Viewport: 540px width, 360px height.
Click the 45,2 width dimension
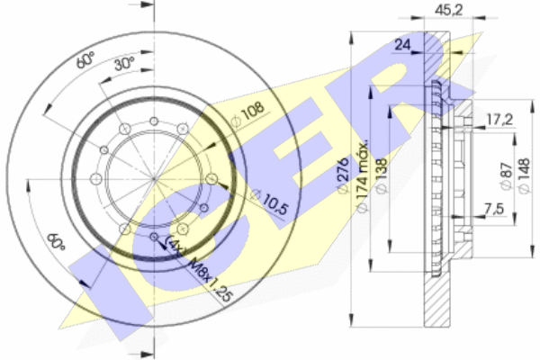449,10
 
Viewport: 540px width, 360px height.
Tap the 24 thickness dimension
402,45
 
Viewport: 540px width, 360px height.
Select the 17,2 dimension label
499,120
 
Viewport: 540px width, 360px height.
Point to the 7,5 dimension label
494,209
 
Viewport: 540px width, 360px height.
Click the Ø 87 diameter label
506,176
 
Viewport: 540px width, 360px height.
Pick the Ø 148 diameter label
524,175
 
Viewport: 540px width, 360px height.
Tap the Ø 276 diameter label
343,175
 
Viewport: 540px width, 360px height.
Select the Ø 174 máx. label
362,175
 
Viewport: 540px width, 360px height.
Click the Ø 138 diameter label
382,175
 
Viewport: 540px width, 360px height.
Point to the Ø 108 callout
248,114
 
